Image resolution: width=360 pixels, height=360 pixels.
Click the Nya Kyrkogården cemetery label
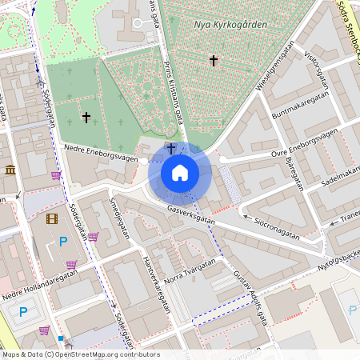[x=230, y=25]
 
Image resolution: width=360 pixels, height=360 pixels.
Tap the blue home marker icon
[x=180, y=172]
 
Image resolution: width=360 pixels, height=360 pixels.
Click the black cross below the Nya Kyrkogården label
[x=214, y=60]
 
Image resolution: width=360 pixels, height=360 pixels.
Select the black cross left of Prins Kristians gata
[x=86, y=118]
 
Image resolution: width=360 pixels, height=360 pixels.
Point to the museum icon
[x=10, y=170]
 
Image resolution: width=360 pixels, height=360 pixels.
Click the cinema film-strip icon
[x=52, y=218]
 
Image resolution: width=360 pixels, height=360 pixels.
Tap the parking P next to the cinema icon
[x=63, y=241]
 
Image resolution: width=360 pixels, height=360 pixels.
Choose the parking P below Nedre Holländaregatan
[x=23, y=312]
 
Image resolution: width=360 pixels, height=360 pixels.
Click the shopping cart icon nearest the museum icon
[x=56, y=175]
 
